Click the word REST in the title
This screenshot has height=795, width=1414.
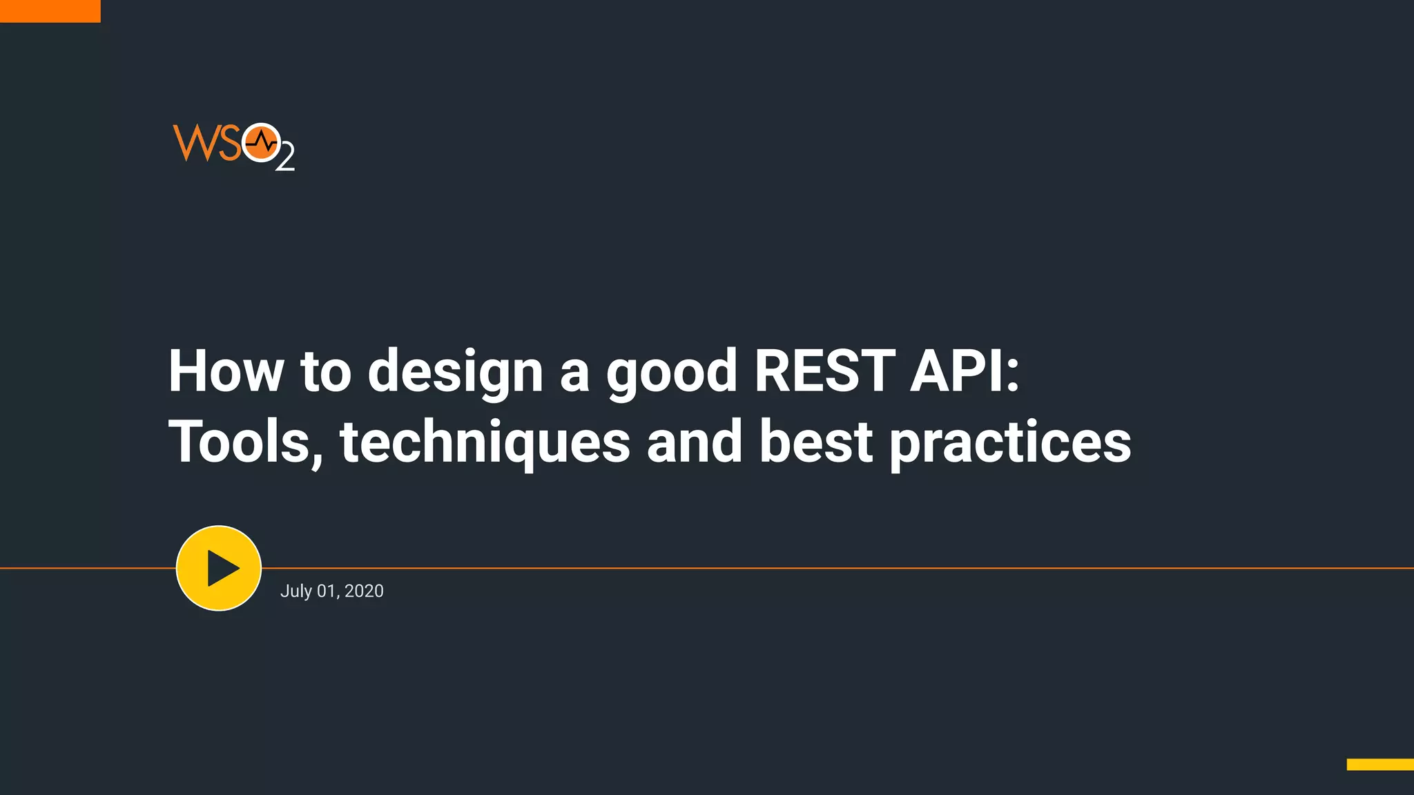click(x=824, y=371)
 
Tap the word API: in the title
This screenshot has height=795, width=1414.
click(x=965, y=371)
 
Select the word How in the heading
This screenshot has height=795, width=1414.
click(x=226, y=371)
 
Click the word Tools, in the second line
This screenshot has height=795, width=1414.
click(x=246, y=442)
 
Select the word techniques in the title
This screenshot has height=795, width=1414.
click(x=485, y=442)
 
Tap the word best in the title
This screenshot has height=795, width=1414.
click(x=816, y=442)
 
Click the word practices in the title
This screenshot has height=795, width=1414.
click(x=1010, y=442)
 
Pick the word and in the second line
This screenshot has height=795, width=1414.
click(x=695, y=442)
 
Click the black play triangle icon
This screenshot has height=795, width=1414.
click(x=222, y=568)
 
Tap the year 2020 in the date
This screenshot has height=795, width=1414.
click(x=364, y=591)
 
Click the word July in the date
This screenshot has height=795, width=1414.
click(x=296, y=591)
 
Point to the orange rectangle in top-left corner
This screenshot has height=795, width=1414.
click(x=50, y=11)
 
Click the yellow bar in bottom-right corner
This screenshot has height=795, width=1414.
click(x=1379, y=764)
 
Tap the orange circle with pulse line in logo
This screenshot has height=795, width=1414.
click(x=261, y=142)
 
